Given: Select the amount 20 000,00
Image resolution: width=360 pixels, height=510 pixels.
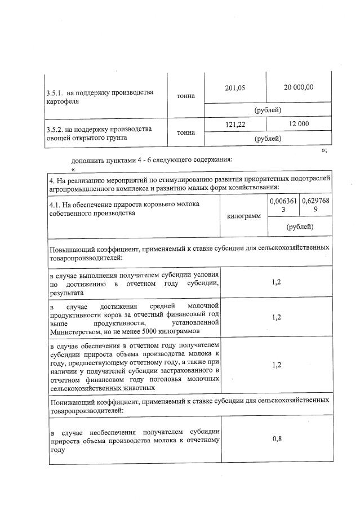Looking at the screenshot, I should (299, 87).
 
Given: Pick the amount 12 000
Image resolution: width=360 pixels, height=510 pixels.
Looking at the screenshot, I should (299, 123).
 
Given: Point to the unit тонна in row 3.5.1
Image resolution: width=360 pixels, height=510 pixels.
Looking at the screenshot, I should (186, 96).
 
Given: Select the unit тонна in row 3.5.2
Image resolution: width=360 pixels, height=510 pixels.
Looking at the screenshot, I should (186, 133).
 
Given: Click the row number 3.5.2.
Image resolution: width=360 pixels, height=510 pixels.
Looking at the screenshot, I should (55, 129).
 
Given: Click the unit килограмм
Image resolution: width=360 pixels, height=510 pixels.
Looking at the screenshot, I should (244, 216).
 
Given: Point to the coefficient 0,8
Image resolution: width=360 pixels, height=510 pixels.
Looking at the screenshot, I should (277, 439).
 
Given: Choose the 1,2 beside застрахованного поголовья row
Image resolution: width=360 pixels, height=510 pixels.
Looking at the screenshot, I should (277, 365).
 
